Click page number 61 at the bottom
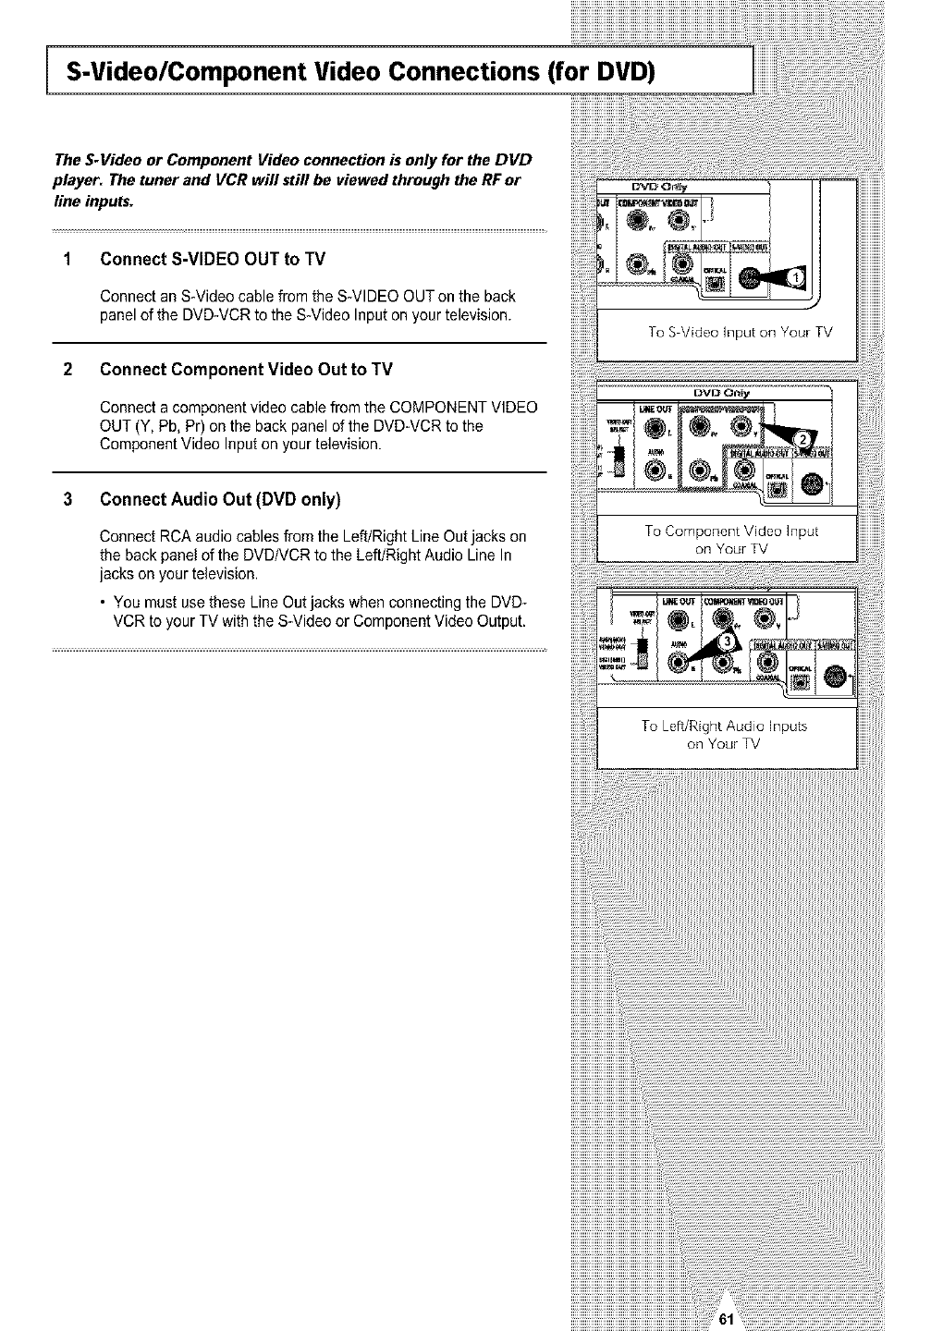(725, 1319)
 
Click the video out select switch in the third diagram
(643, 653)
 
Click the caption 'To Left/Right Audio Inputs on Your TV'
(724, 735)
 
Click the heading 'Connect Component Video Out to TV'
(246, 370)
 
